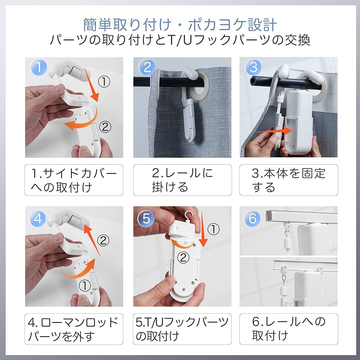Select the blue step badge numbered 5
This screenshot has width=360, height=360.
[x=146, y=219]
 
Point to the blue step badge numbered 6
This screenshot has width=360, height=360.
[x=253, y=219]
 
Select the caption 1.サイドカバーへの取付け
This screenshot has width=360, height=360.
[x=74, y=180]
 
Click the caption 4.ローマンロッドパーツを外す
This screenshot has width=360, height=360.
[x=74, y=329]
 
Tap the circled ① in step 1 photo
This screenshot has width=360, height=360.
[x=104, y=82]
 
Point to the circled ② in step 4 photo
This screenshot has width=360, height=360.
[x=104, y=241]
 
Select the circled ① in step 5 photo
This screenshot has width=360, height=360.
[x=213, y=230]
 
